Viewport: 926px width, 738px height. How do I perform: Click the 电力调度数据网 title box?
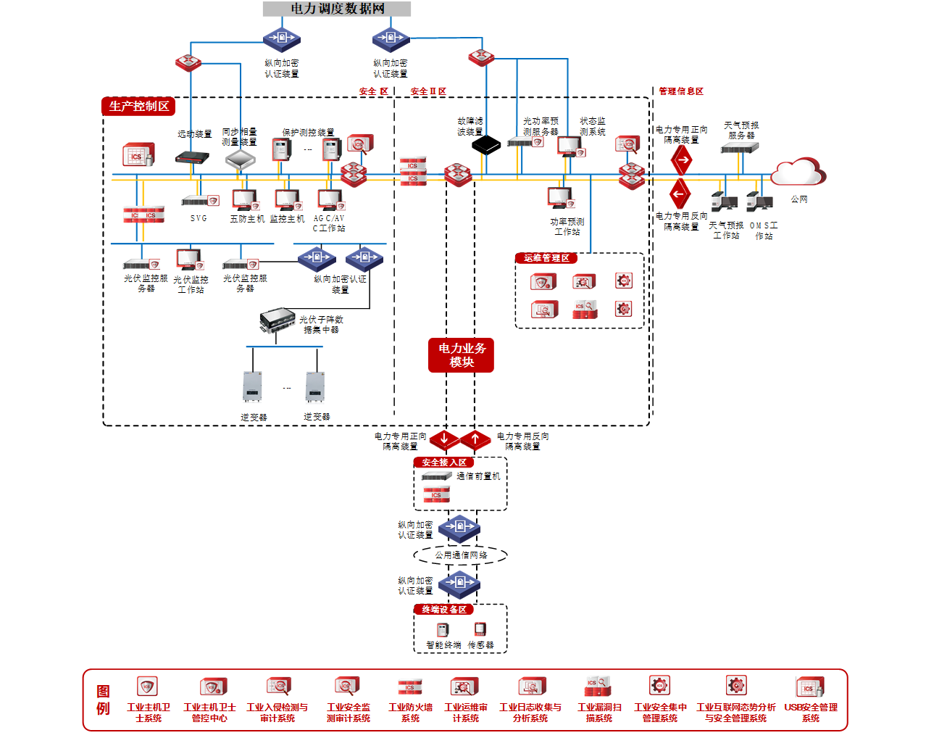coord(337,9)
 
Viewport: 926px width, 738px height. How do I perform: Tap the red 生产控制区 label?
coord(138,106)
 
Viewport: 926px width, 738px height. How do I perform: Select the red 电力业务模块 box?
coord(461,355)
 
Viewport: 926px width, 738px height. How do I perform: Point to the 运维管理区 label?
coord(546,258)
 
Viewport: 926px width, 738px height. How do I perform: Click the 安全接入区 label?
coord(444,463)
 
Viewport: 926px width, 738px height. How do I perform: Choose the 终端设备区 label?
coord(444,610)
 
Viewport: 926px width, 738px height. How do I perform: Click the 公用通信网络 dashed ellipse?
coord(461,555)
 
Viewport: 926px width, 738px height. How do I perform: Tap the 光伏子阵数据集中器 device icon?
coord(277,320)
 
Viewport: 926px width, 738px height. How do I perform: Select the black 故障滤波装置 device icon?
coord(486,145)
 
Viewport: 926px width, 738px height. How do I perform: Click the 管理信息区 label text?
coord(680,91)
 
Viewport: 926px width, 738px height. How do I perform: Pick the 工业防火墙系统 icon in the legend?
coord(410,687)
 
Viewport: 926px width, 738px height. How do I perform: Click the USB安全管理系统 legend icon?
coord(809,687)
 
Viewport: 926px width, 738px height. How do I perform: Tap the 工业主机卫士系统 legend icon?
coord(147,686)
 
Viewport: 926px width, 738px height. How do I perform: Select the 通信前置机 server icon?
coord(437,476)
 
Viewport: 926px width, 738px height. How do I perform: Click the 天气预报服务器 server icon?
coord(739,148)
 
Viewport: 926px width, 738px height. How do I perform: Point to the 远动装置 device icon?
coord(192,157)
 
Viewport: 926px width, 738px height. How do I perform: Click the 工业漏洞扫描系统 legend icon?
coord(598,687)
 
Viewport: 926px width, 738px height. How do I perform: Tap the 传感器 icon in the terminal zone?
coord(480,629)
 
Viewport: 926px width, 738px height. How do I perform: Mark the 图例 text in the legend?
coord(103,700)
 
